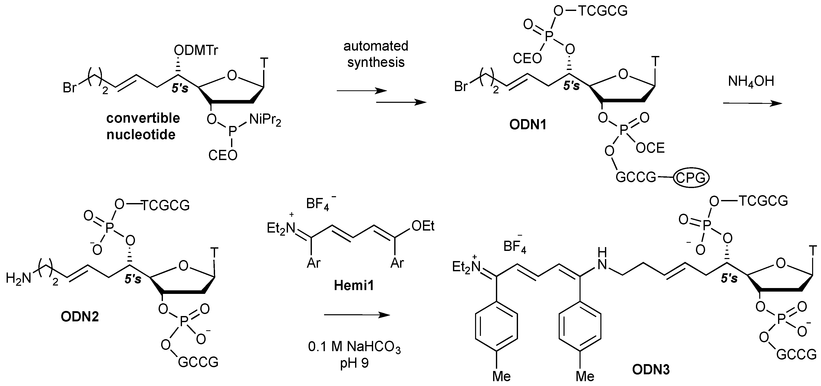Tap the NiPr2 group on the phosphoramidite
pyautogui.click(x=265, y=120)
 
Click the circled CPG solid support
pyautogui.click(x=691, y=178)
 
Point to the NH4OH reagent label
pyautogui.click(x=751, y=82)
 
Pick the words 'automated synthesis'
pyautogui.click(x=376, y=54)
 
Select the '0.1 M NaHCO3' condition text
pyautogui.click(x=354, y=347)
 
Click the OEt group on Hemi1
pyautogui.click(x=423, y=226)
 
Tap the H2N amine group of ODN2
pyautogui.click(x=19, y=278)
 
